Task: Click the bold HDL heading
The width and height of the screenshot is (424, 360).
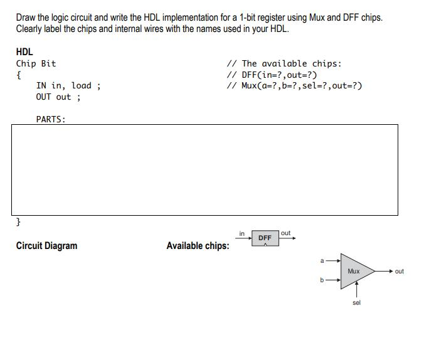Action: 24,52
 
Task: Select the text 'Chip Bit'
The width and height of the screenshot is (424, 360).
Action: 36,63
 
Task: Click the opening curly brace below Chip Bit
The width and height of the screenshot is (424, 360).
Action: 18,75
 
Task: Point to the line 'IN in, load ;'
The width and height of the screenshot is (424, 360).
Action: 68,86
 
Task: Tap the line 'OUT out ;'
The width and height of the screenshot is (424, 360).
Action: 58,97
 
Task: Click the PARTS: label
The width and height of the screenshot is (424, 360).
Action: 51,119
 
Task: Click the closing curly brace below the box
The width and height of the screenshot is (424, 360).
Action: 18,222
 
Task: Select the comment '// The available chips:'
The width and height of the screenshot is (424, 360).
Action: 284,63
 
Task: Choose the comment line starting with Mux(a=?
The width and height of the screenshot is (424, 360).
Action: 294,86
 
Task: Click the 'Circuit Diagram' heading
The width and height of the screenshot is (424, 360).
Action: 46,246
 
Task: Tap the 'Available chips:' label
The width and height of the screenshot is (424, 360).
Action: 198,246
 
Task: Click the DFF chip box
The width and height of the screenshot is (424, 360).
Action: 265,238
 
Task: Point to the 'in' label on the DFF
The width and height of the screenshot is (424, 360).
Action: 242,234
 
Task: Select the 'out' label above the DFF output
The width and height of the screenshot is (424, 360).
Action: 286,233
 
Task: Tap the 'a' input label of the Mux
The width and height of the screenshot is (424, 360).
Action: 322,260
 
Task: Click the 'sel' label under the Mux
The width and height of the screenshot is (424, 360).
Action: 356,302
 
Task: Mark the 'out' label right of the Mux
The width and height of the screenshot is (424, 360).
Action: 400,272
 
